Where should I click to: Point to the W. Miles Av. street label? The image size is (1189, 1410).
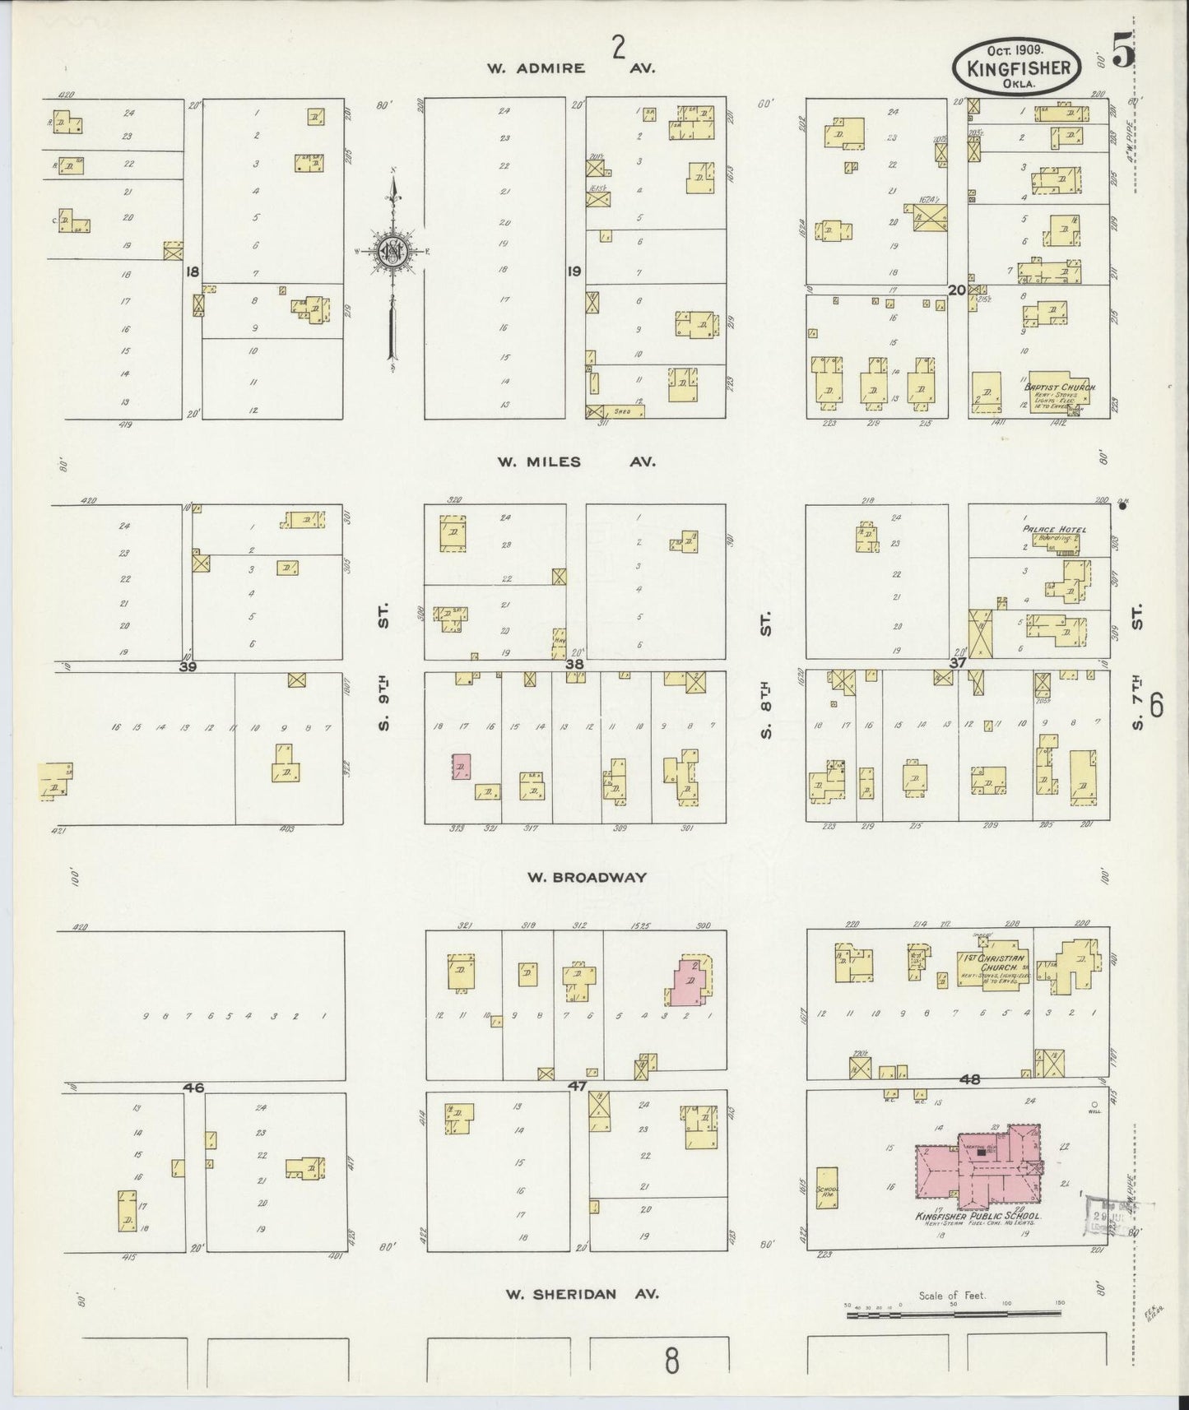pyautogui.click(x=575, y=461)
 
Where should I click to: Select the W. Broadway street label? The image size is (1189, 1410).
pyautogui.click(x=587, y=877)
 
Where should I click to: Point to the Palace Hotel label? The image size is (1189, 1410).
pyautogui.click(x=1054, y=529)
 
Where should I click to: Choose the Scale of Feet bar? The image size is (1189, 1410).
pyautogui.click(x=953, y=1315)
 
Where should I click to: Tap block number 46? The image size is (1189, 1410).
pyautogui.click(x=193, y=1088)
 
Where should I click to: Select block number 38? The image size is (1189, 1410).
pyautogui.click(x=574, y=663)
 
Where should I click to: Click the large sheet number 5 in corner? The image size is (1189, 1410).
pyautogui.click(x=1123, y=53)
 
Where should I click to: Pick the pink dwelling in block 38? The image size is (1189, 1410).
pyautogui.click(x=460, y=767)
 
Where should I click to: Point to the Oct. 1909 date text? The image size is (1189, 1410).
pyautogui.click(x=1018, y=50)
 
